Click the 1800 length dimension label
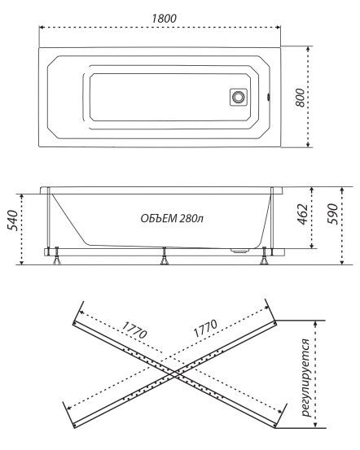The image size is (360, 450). pos(160,16)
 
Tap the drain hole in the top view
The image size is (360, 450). pos(239,97)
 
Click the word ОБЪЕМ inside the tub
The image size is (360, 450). pos(157,219)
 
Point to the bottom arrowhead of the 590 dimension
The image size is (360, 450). pos(343,262)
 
